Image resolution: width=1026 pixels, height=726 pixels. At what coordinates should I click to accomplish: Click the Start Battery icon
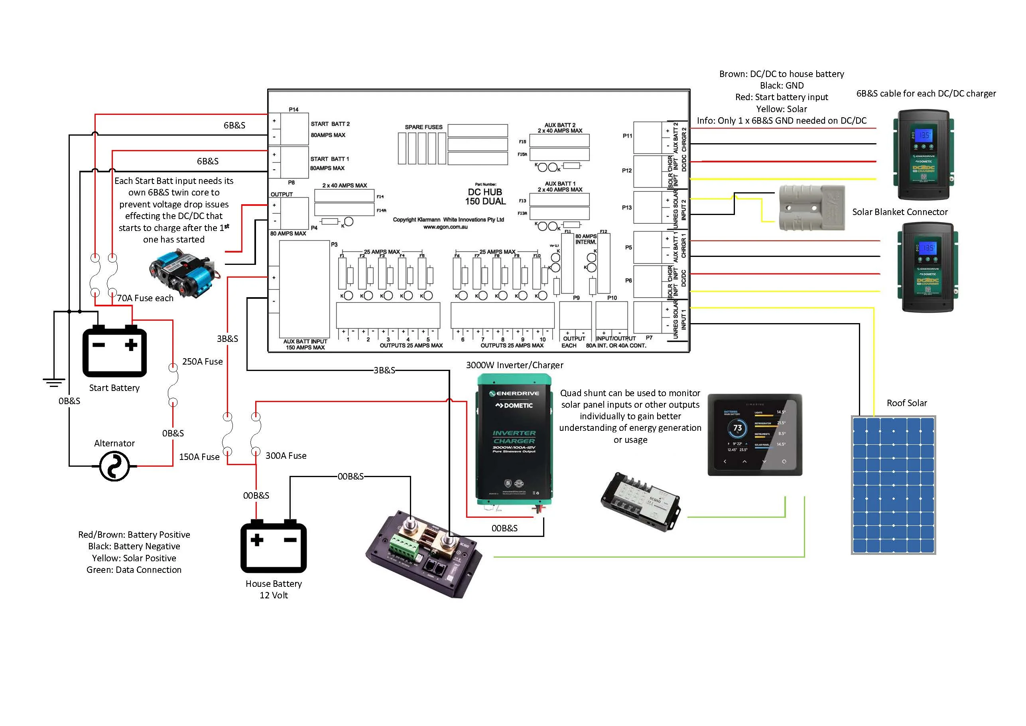(x=114, y=351)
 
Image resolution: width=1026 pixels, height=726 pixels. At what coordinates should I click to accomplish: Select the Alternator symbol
(x=114, y=466)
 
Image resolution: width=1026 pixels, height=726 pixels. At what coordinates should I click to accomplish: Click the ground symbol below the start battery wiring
(x=53, y=383)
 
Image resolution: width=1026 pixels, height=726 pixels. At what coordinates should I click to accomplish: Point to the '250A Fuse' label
(x=202, y=362)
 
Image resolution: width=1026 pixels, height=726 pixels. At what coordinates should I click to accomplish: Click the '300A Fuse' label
(x=286, y=456)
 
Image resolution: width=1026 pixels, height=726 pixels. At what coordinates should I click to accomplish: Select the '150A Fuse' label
(x=199, y=457)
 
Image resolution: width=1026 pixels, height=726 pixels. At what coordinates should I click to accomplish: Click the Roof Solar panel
(x=893, y=485)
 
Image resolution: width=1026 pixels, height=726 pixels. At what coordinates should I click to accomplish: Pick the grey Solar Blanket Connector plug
(x=811, y=208)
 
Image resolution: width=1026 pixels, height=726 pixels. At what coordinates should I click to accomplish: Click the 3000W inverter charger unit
(x=514, y=440)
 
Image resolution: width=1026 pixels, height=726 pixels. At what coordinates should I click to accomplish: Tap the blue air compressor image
(x=183, y=272)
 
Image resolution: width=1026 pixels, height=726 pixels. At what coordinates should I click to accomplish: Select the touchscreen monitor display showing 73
(x=755, y=434)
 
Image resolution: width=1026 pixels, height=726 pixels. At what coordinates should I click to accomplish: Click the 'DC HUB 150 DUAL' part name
(x=485, y=197)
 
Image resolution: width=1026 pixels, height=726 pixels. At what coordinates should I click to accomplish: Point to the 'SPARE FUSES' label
(x=423, y=127)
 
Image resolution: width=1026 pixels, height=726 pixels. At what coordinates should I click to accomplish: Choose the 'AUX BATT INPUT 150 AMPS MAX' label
(x=305, y=345)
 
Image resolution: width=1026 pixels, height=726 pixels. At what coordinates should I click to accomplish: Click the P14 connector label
(x=293, y=110)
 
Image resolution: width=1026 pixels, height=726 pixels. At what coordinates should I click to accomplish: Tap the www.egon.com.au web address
(x=445, y=227)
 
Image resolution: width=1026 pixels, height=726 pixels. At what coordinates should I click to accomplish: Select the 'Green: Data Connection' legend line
(x=134, y=570)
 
